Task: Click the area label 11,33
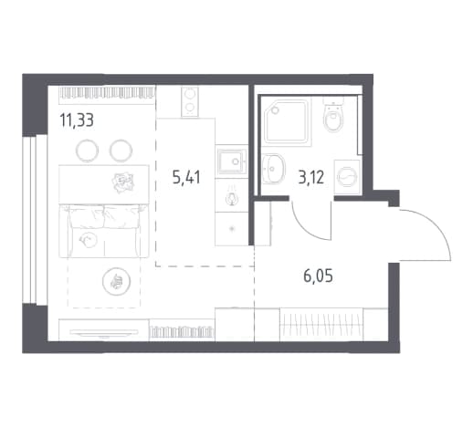(x=77, y=120)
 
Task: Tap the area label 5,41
(x=186, y=177)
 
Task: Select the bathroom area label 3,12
(x=310, y=177)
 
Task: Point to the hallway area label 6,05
(x=318, y=276)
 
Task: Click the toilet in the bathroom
(x=334, y=115)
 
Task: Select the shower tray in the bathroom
(x=288, y=121)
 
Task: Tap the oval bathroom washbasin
(x=274, y=168)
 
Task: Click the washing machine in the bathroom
(x=347, y=177)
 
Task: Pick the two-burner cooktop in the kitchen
(x=190, y=101)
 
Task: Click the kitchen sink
(x=232, y=161)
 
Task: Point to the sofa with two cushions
(x=104, y=231)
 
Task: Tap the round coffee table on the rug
(x=117, y=281)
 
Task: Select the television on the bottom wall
(x=103, y=332)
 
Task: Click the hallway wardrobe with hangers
(x=321, y=324)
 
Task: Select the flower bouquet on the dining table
(x=123, y=182)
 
